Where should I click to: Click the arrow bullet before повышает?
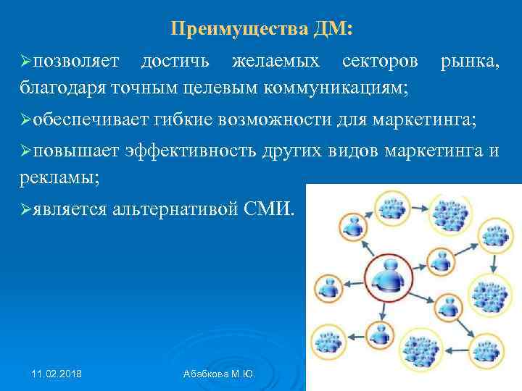[26, 151]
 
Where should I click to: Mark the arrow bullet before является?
[26, 210]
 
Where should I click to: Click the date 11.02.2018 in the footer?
[57, 373]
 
